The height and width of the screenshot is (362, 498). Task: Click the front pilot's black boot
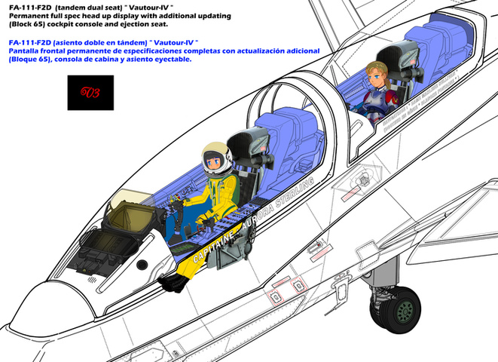coord(174,282)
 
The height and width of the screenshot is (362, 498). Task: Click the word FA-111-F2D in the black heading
coord(31,7)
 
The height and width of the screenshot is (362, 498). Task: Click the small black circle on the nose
coord(142,263)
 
